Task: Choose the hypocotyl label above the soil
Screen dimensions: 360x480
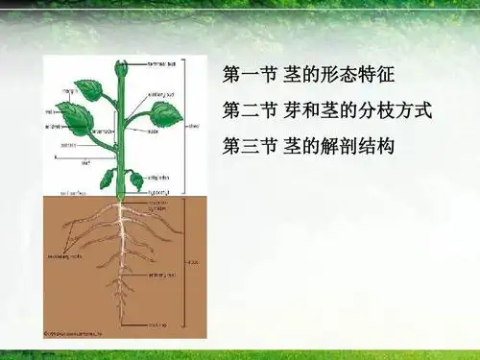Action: [157, 193]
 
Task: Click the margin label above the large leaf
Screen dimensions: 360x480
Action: [70, 90]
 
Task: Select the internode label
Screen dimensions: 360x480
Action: [102, 132]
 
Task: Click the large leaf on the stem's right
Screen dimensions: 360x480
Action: [164, 113]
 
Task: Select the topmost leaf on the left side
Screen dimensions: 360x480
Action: [89, 89]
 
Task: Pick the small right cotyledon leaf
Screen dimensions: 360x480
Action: [136, 180]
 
